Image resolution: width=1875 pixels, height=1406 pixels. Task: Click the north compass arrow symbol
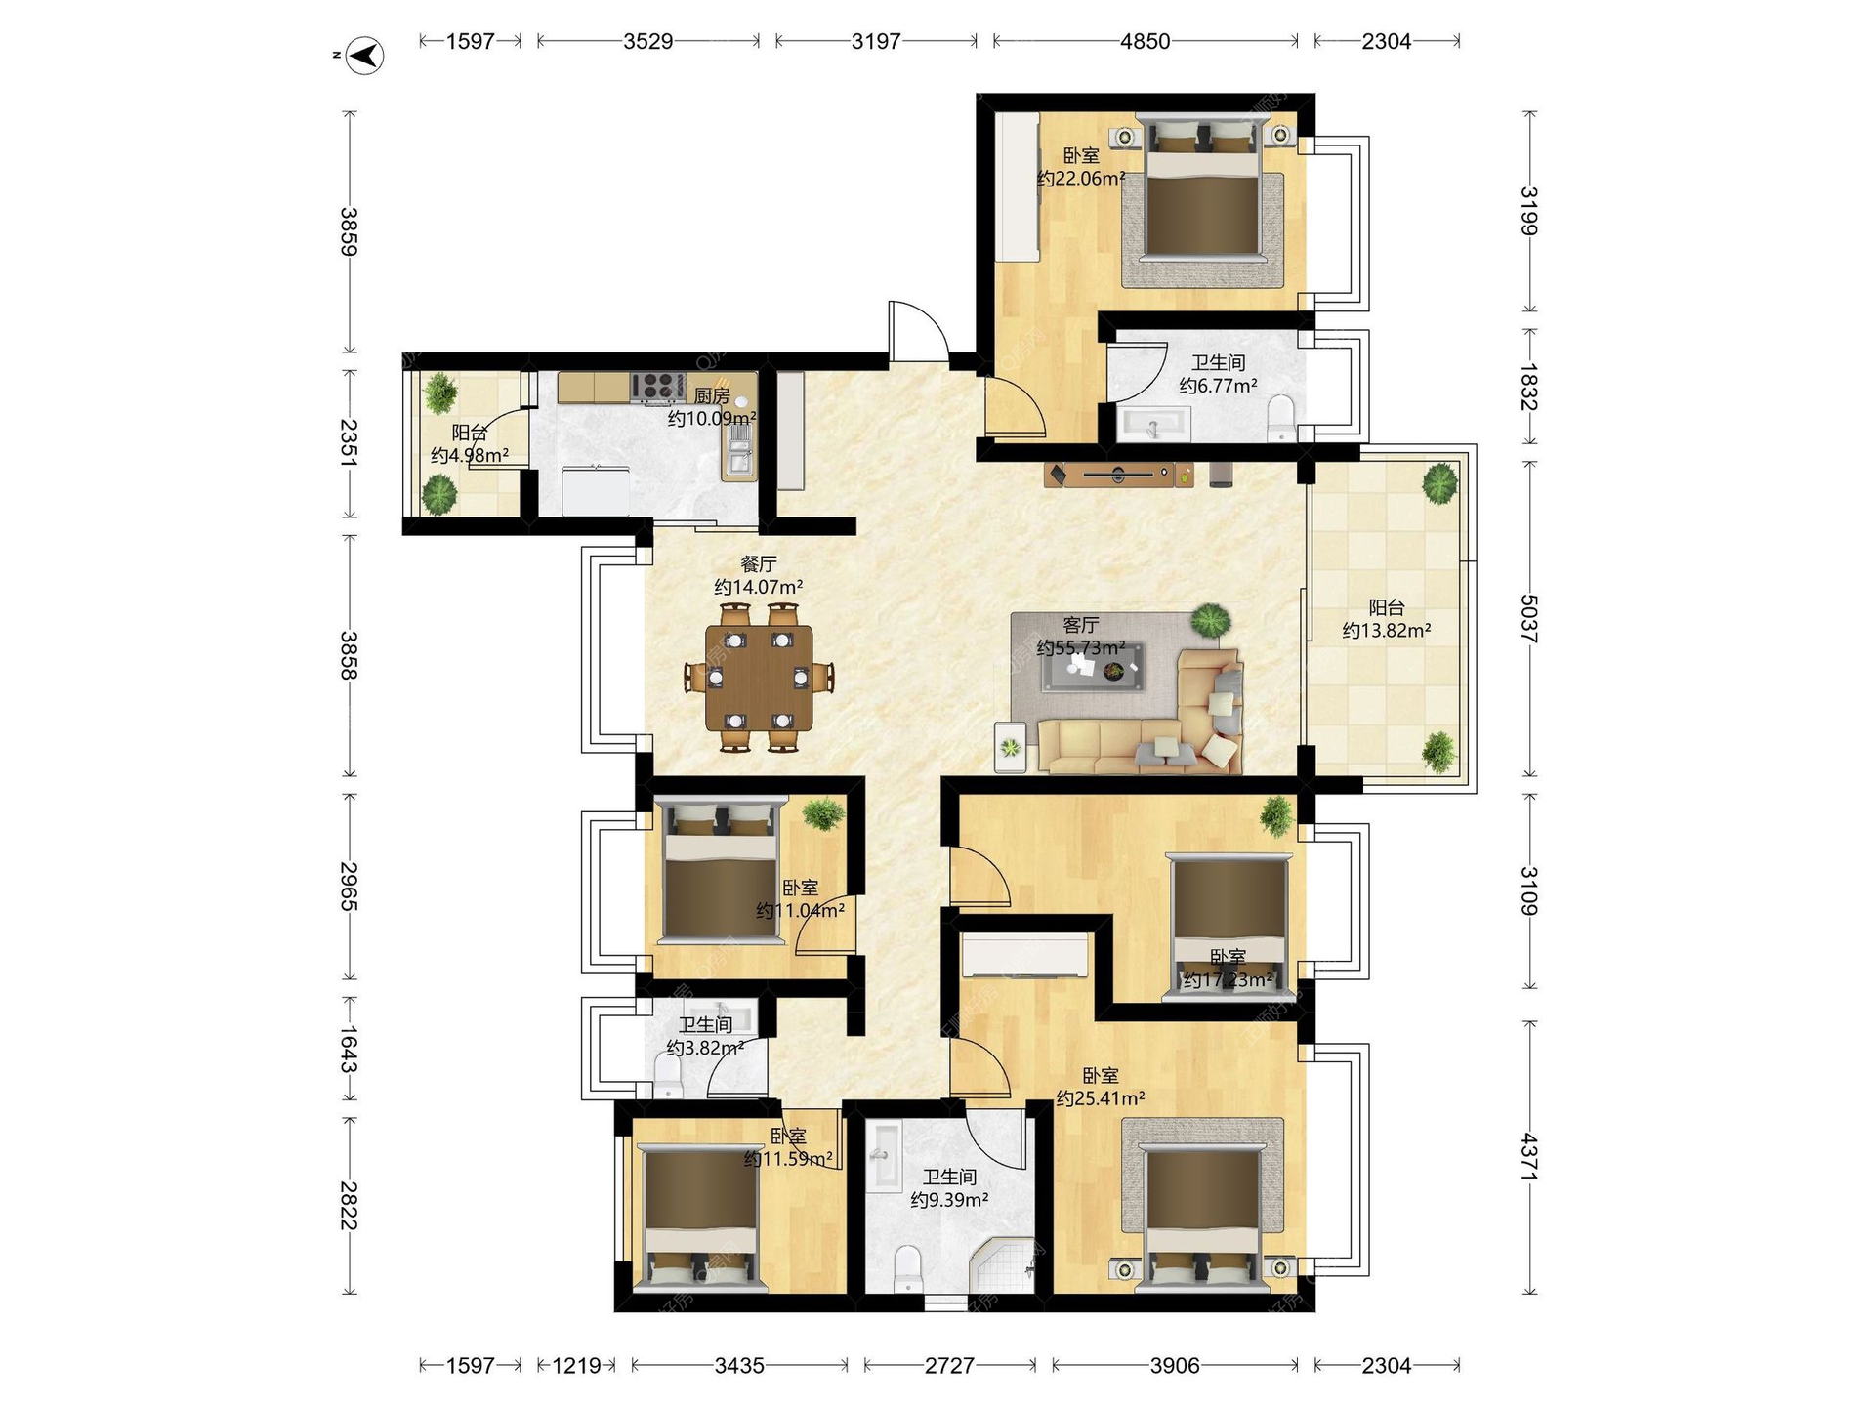point(365,56)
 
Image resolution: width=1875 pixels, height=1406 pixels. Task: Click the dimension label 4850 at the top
point(1145,41)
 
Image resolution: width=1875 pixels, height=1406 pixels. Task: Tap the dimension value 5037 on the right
point(1529,619)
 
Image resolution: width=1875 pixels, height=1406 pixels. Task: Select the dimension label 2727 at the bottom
point(949,1365)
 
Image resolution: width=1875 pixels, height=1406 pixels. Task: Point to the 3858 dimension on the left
point(349,655)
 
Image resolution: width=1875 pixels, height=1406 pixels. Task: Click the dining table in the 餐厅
point(759,678)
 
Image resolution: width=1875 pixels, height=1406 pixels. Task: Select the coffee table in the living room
point(1093,668)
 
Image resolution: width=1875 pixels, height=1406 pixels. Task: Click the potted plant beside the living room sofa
point(1211,620)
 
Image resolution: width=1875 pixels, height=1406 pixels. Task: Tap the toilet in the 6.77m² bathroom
point(1280,418)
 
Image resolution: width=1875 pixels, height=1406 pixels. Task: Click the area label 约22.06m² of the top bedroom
point(1081,179)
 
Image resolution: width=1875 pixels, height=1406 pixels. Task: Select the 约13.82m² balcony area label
point(1387,631)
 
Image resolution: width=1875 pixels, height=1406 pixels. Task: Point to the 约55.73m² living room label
point(1081,647)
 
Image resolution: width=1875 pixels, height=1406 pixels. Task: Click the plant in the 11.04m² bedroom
point(824,812)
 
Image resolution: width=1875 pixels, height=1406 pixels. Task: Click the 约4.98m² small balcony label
point(470,456)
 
